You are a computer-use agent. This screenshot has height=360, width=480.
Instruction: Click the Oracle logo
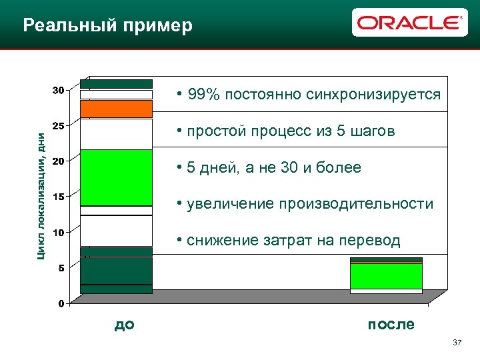click(409, 23)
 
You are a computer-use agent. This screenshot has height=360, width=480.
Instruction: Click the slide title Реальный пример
click(107, 26)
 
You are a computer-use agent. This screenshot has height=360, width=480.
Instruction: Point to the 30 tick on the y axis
click(59, 90)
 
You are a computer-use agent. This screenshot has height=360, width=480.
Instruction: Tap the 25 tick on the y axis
click(59, 125)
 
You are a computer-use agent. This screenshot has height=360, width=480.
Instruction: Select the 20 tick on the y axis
click(59, 161)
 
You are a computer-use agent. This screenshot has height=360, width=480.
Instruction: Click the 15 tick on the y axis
click(59, 197)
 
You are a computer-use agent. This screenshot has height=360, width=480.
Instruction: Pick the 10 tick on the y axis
click(59, 233)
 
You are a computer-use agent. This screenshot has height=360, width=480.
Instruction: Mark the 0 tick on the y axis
click(61, 304)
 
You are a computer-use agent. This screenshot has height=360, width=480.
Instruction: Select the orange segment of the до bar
click(116, 109)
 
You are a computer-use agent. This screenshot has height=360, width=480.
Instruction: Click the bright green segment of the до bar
click(116, 177)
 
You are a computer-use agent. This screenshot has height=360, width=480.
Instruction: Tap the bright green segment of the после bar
click(386, 276)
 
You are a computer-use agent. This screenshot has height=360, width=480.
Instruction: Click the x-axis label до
click(125, 325)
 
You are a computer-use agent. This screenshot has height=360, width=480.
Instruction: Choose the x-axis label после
click(391, 325)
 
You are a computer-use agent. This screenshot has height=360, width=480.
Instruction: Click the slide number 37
click(457, 343)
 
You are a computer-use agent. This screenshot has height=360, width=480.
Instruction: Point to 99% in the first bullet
click(203, 95)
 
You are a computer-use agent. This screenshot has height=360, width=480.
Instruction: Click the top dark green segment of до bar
click(116, 84)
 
